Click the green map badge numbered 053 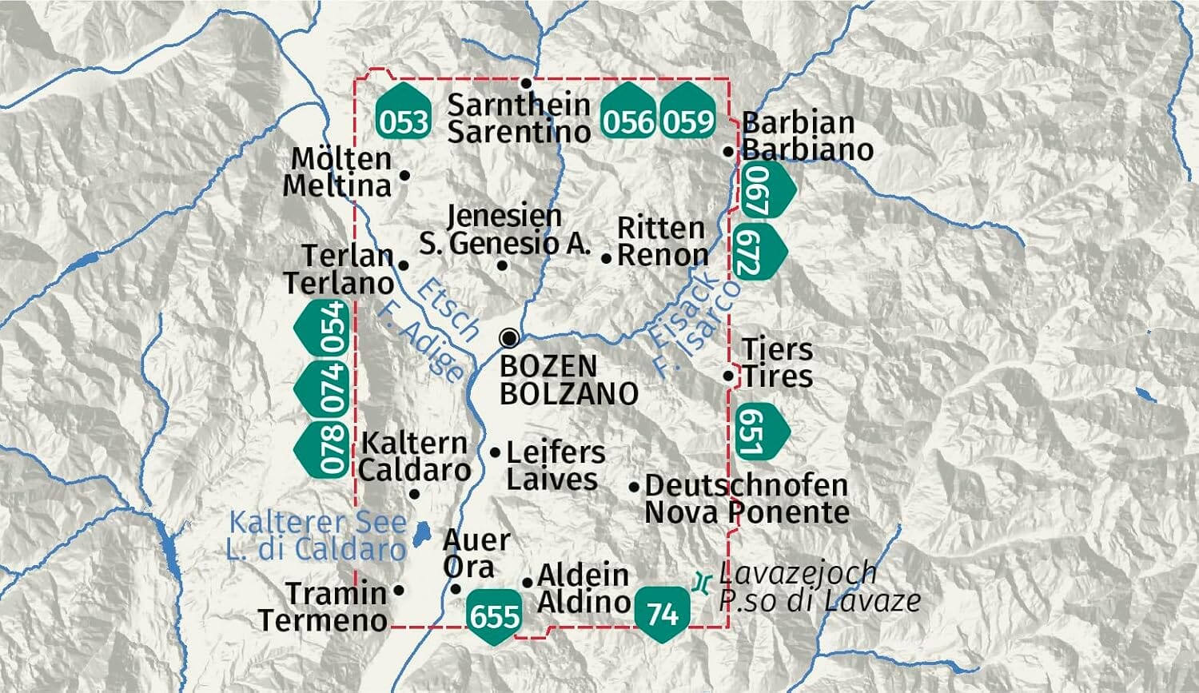[x=404, y=110]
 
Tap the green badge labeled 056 [x=628, y=110]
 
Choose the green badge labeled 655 [x=495, y=616]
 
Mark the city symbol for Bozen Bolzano [x=508, y=338]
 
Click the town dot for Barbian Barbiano [x=728, y=151]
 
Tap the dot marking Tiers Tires [x=728, y=376]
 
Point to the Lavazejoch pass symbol [x=701, y=583]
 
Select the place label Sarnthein [x=518, y=104]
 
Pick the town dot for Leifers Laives [x=495, y=452]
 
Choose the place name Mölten [x=341, y=158]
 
